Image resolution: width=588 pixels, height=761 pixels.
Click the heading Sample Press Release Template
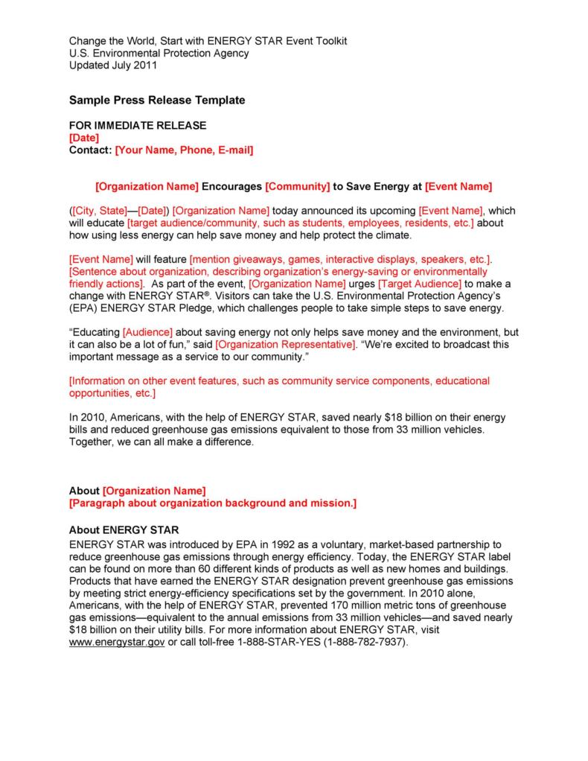[x=157, y=100]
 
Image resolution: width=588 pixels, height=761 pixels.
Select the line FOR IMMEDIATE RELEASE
[x=138, y=126]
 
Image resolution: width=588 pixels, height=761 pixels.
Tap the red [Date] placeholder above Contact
[x=83, y=138]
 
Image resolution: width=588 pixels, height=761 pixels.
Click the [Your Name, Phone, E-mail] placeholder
[x=185, y=150]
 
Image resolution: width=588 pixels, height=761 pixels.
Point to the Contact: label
[x=91, y=150]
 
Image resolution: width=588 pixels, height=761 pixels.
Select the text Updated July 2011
[x=113, y=65]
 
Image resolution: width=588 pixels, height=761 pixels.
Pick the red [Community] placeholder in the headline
[x=298, y=186]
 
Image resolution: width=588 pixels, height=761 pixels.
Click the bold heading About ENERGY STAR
[x=124, y=530]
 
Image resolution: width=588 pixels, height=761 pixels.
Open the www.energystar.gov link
[x=117, y=642]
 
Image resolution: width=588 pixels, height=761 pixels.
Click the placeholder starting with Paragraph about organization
[x=213, y=503]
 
